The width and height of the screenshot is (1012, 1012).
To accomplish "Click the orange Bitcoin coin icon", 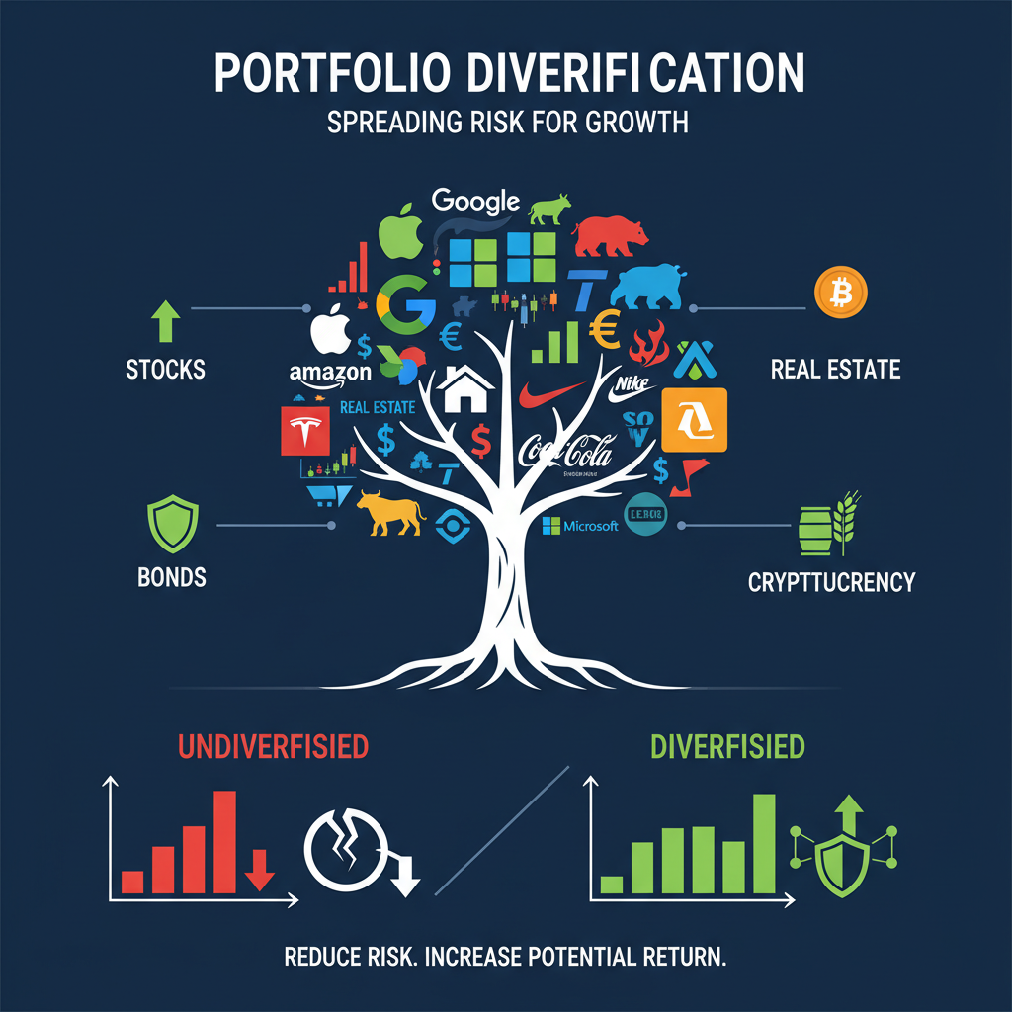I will [840, 293].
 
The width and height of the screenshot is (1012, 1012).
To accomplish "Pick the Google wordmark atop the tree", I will [475, 201].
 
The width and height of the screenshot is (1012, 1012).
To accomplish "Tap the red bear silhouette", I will [611, 235].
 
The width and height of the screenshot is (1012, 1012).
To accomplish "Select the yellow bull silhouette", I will [389, 512].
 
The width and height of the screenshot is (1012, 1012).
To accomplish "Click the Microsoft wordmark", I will [582, 526].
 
